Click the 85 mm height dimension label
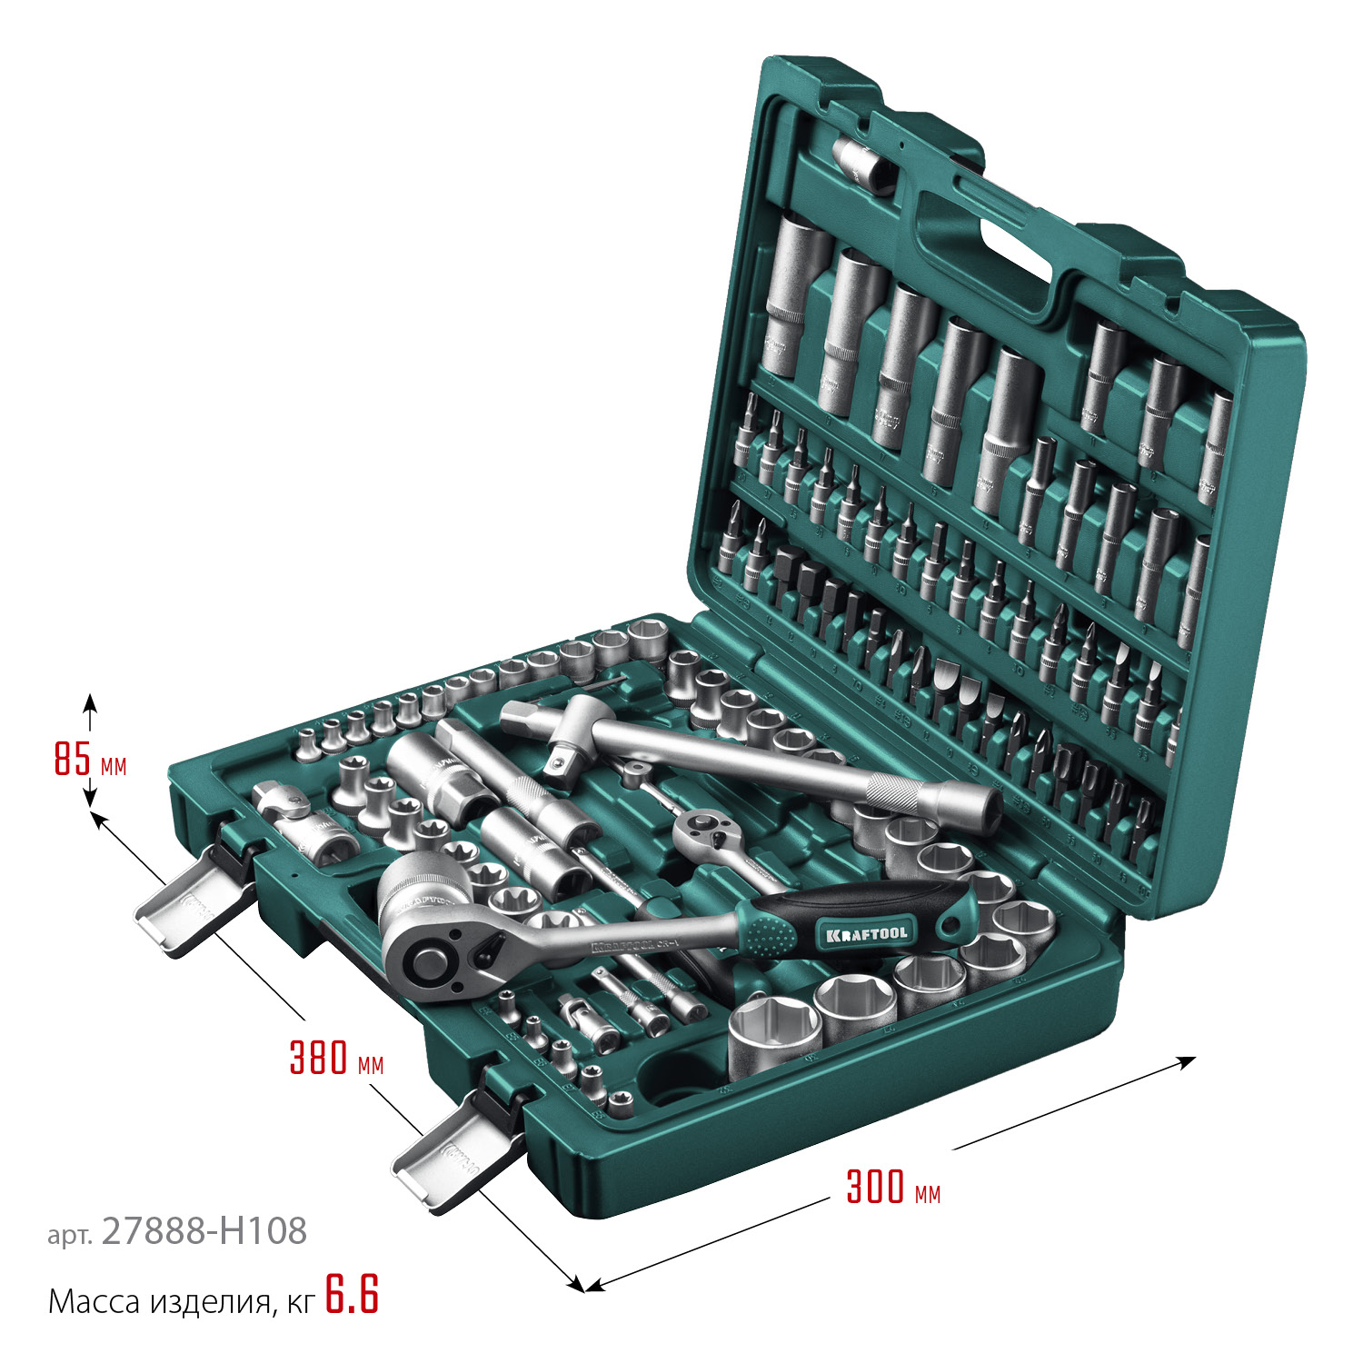pyautogui.click(x=89, y=759)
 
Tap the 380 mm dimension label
pyautogui.click(x=335, y=1059)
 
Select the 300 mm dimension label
pyautogui.click(x=892, y=1188)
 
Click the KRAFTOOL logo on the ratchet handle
pyautogui.click(x=866, y=933)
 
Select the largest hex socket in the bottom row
pyautogui.click(x=774, y=1031)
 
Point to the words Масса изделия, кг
pyautogui.click(x=181, y=1302)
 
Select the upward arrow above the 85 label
pyautogui.click(x=89, y=701)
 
